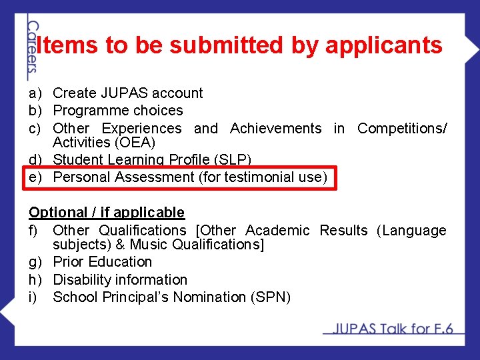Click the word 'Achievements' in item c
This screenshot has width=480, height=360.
275,128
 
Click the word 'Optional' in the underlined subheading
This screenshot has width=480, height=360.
57,213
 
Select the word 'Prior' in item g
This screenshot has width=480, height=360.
68,262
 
